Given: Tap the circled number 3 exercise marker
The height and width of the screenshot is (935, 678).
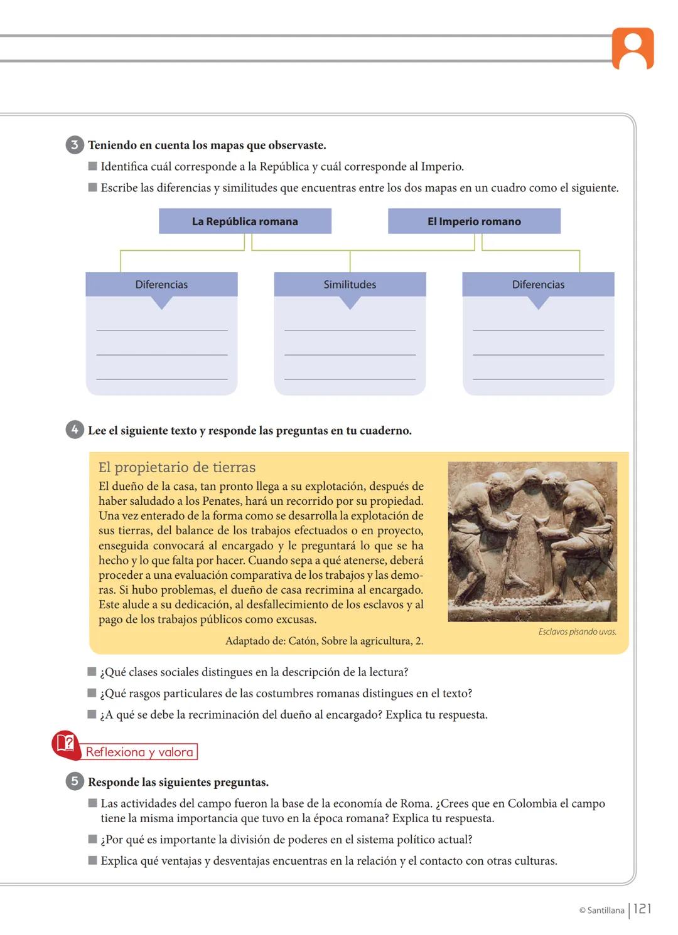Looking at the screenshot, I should pyautogui.click(x=74, y=145).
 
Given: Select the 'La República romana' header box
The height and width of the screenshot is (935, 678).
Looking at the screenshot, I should pyautogui.click(x=245, y=221).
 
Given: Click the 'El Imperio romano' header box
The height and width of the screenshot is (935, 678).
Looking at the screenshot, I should pyautogui.click(x=474, y=221).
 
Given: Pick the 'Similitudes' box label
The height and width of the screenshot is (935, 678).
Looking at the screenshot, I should pyautogui.click(x=350, y=285).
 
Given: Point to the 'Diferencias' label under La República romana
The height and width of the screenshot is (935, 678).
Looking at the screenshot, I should pyautogui.click(x=161, y=285).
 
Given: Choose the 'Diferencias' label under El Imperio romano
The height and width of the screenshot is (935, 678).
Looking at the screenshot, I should pyautogui.click(x=538, y=285).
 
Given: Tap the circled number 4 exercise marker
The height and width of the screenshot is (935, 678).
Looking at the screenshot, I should pyautogui.click(x=74, y=430).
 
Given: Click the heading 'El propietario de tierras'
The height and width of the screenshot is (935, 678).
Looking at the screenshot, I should pyautogui.click(x=177, y=467).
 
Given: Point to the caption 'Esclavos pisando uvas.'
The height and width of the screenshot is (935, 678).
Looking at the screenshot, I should pyautogui.click(x=577, y=631).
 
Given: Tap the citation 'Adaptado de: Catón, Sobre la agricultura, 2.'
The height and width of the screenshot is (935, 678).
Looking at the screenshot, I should pyautogui.click(x=324, y=641).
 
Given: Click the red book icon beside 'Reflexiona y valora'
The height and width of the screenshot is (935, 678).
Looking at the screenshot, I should pyautogui.click(x=65, y=744).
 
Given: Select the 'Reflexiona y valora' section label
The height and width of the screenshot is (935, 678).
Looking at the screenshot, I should pyautogui.click(x=139, y=752).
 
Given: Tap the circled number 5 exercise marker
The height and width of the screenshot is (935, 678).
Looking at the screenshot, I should pyautogui.click(x=74, y=781).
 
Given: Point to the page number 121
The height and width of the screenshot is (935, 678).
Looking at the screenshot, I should pyautogui.click(x=642, y=909).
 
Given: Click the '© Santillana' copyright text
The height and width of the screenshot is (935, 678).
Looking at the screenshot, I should pyautogui.click(x=601, y=911).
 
